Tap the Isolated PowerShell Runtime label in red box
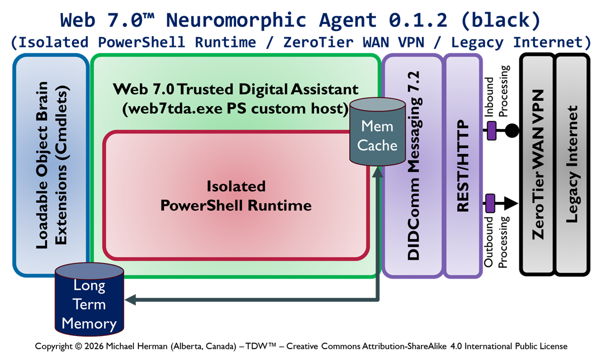click(x=236, y=195)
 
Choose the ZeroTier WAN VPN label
click(x=538, y=165)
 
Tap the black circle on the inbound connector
click(x=510, y=131)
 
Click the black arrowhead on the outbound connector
click(x=510, y=203)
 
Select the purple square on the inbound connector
click(x=491, y=131)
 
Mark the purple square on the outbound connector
click(x=490, y=203)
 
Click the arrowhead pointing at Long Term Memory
click(x=131, y=300)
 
